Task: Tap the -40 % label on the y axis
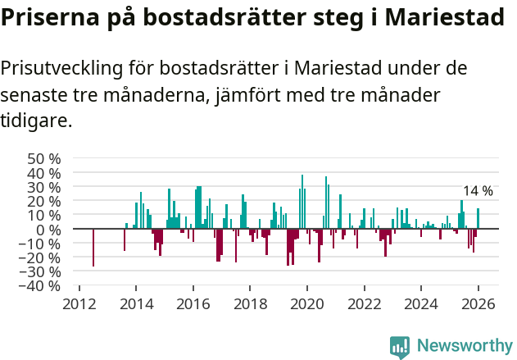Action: [x=42, y=286]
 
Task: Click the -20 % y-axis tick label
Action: [x=42, y=257]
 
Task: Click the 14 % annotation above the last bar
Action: [x=478, y=191]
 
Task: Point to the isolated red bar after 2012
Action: [x=93, y=248]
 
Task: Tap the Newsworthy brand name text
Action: [x=464, y=346]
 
